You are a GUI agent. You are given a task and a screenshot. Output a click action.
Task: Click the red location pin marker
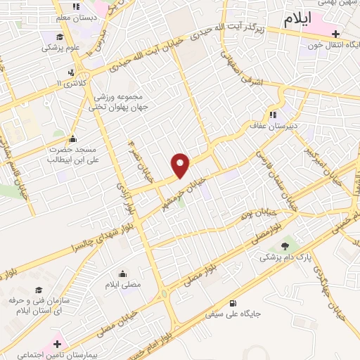(x=181, y=165)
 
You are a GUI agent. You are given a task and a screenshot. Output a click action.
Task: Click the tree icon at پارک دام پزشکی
(x=285, y=246)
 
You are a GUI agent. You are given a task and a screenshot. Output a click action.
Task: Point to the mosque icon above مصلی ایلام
(x=123, y=274)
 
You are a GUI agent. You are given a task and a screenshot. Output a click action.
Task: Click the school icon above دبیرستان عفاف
(x=271, y=115)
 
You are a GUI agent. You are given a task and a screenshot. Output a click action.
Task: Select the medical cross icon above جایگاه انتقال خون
(x=336, y=34)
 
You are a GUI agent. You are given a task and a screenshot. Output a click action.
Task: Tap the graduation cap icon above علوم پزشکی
(x=60, y=37)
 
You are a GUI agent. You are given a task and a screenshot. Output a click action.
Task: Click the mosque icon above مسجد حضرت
(x=72, y=138)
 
